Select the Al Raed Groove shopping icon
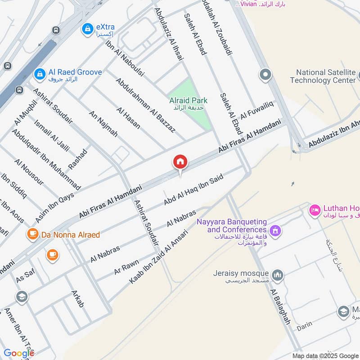[x=40, y=73]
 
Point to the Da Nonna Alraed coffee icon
[x=32, y=234]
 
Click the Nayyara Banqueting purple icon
[x=276, y=230]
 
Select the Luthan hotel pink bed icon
[x=315, y=209]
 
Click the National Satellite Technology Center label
[x=323, y=76]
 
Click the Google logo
[x=18, y=353]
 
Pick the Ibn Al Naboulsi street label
[x=125, y=58]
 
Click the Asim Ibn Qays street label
[x=54, y=205]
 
